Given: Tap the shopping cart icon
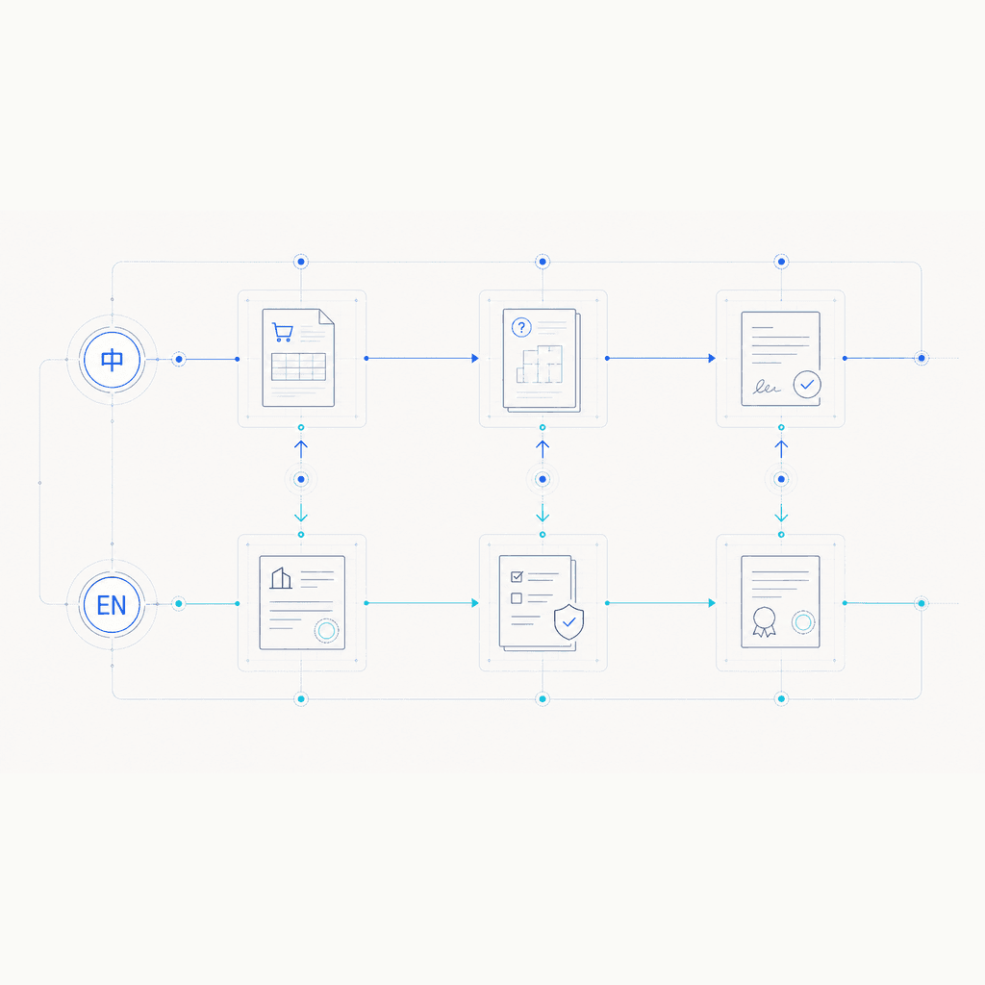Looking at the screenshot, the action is [x=282, y=332].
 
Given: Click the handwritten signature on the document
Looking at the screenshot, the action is [x=767, y=387].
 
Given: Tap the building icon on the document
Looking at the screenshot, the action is [x=281, y=578].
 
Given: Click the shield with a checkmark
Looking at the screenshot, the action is [x=569, y=621].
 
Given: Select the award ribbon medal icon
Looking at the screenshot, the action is [x=765, y=622].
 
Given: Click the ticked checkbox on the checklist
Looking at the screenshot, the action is [x=517, y=576].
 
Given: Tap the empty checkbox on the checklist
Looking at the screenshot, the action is [x=517, y=598].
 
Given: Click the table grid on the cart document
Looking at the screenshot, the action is [x=298, y=366].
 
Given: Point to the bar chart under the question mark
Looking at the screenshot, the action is [x=539, y=364].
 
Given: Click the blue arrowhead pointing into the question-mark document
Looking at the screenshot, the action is [x=475, y=358].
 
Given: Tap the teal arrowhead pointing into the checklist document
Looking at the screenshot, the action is [x=475, y=603].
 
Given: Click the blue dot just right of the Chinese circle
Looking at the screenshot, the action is [x=179, y=360].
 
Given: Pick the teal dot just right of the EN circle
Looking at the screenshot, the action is [x=179, y=604].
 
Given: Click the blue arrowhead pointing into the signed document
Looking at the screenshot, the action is [x=713, y=358].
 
